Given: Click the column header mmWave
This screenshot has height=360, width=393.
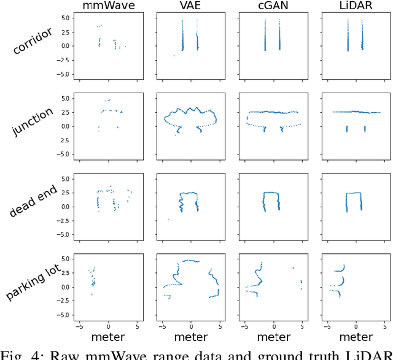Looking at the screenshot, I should [109, 7].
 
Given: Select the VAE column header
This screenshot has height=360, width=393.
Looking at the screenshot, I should [191, 7].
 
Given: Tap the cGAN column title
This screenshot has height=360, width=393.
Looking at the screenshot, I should [273, 7].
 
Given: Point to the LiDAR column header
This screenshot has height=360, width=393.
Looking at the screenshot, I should [356, 7].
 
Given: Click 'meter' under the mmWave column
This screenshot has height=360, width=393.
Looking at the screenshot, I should [109, 337].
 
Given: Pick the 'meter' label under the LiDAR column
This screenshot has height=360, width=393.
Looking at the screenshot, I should [356, 337].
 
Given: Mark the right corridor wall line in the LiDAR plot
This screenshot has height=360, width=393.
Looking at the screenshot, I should [365, 37].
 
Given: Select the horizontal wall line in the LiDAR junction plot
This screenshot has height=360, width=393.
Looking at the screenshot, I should [356, 112].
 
